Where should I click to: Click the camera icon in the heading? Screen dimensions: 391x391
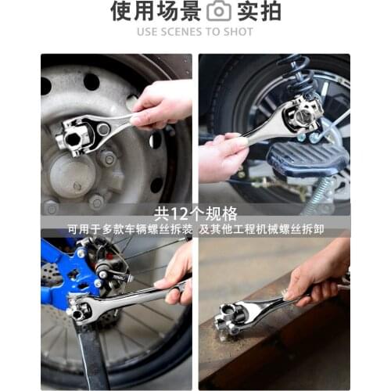click(x=219, y=11)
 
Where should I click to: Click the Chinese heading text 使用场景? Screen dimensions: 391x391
click(x=155, y=11)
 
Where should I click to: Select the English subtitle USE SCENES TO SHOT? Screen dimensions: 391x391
click(x=195, y=32)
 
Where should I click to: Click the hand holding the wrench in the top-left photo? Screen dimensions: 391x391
click(x=160, y=101)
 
